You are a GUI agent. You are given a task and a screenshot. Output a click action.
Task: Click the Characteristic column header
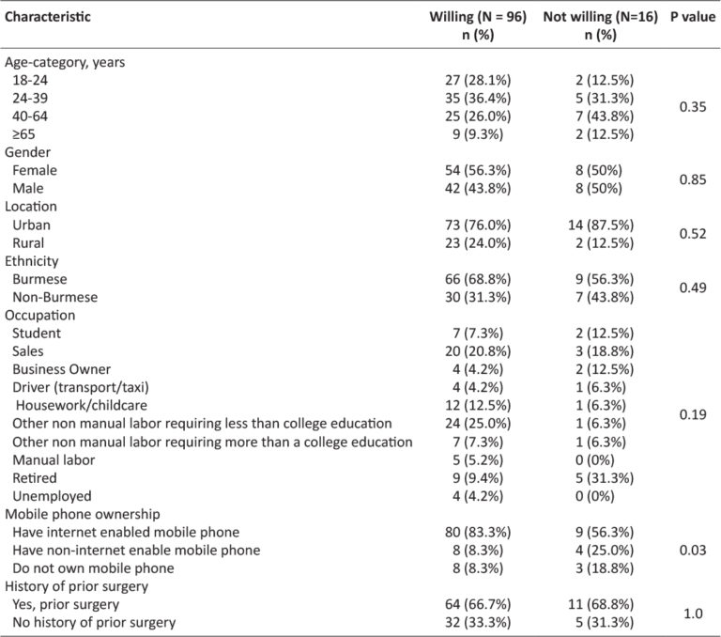point(48,17)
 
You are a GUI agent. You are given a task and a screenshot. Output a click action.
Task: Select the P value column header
point(693,17)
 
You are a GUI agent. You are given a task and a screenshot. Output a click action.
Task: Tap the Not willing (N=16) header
point(600,17)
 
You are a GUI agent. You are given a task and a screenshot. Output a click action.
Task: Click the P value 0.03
point(693,550)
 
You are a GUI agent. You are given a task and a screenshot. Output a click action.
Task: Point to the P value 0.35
point(693,107)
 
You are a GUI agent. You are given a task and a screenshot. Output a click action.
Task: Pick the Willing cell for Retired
point(478,477)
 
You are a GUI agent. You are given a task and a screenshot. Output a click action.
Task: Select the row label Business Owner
point(62,369)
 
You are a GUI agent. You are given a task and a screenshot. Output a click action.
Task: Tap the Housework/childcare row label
point(82,405)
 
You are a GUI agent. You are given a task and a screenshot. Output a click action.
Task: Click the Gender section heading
point(27,152)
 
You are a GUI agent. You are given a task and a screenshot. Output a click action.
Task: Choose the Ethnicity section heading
point(32,261)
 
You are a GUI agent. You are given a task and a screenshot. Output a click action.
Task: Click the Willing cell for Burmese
point(478,279)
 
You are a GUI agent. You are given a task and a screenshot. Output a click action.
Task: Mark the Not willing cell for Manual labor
point(595,459)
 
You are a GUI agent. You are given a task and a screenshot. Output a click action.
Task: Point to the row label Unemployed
point(52,496)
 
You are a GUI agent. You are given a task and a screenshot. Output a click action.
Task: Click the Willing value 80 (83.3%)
point(478,532)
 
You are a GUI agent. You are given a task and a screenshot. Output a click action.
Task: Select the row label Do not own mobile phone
point(93,568)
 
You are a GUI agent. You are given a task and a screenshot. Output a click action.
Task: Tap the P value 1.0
point(693,614)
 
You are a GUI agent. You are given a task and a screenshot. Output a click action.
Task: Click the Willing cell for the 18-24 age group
point(478,80)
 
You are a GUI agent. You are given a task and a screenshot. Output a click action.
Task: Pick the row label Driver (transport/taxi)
point(81,387)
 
